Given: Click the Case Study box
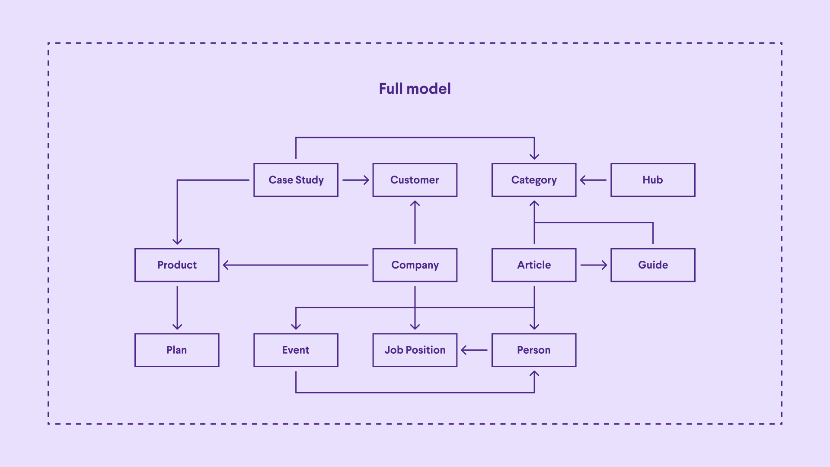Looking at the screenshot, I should (296, 180).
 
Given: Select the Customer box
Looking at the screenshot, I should (415, 180).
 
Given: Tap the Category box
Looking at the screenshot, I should (534, 180).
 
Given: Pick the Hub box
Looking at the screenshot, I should (653, 180).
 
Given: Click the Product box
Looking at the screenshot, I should (177, 265).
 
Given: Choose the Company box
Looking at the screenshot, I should (415, 265).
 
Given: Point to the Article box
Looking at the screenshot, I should (534, 265).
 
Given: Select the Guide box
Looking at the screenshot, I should (653, 265).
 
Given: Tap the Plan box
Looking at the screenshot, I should (177, 350).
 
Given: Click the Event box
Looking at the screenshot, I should (296, 350).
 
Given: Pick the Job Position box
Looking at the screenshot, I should (415, 350).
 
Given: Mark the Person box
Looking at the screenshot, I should (534, 350).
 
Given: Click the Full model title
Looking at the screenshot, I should (415, 89).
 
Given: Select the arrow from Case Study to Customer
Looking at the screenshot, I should (355, 180).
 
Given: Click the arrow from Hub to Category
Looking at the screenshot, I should (593, 180).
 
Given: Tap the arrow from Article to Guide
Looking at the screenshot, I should (593, 265).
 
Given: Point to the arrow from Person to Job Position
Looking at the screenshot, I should (474, 350).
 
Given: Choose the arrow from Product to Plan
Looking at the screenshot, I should (177, 307).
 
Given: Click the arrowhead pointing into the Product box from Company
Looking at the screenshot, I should (226, 265).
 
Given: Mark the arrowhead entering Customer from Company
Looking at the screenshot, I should (415, 203).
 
